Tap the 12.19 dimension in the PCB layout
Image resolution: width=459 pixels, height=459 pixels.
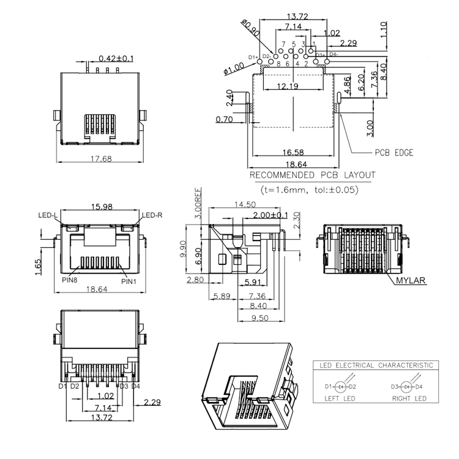tap(288, 87)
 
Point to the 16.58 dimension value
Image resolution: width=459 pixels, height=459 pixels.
tap(293, 152)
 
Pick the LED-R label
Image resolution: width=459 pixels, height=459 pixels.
tap(152, 215)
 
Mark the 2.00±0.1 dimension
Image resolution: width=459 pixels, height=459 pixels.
tap(270, 215)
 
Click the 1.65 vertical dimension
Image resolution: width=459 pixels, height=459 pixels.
tap(38, 267)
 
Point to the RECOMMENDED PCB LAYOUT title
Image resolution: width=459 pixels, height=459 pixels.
tap(312, 176)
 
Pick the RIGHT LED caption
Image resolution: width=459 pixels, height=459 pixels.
tap(409, 398)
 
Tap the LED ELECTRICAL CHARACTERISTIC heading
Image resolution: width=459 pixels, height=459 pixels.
tap(376, 365)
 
